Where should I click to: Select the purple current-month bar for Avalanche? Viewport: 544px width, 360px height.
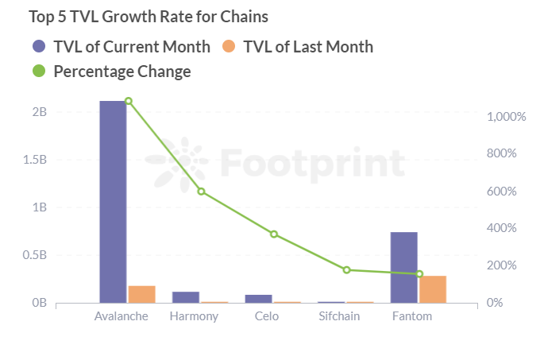[113, 202]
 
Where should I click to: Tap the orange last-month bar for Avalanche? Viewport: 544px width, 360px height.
[141, 294]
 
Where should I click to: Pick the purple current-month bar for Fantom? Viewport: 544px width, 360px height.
[404, 267]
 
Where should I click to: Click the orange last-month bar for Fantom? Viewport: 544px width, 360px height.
[433, 289]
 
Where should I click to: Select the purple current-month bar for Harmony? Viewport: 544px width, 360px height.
[186, 297]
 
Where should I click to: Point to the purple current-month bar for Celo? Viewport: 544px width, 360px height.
[258, 299]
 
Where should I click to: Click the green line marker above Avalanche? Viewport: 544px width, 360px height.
[128, 101]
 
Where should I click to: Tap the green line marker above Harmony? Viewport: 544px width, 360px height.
[201, 192]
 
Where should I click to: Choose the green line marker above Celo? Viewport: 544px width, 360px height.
[274, 234]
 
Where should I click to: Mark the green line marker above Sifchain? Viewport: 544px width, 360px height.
[346, 270]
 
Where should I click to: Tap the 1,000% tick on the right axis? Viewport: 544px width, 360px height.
[507, 117]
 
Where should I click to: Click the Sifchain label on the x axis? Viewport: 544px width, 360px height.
[338, 316]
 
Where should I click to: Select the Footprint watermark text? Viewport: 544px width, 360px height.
[312, 163]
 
